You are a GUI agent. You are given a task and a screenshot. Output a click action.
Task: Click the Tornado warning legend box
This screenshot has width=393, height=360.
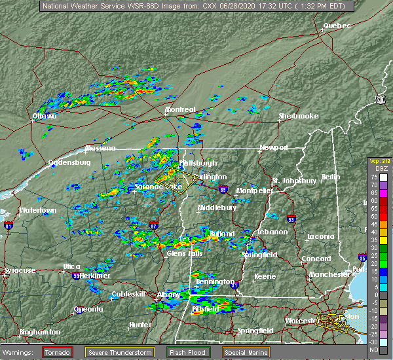point(58,352)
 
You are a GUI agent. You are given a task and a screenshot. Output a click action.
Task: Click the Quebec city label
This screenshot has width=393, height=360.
point(337,26)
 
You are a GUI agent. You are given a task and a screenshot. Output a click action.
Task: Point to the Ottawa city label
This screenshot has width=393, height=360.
point(45,117)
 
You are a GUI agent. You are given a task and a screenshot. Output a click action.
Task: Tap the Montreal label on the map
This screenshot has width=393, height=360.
point(180,109)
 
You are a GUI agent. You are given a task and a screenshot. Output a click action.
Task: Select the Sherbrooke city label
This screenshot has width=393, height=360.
point(298,116)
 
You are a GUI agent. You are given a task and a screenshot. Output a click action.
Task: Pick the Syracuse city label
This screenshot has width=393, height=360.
point(19,270)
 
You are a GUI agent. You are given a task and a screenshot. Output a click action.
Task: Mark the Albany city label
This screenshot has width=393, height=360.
point(168,295)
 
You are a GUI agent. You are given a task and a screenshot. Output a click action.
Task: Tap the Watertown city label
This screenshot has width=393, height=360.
point(37,210)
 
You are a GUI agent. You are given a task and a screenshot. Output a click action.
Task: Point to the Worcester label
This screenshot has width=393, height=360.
point(301,321)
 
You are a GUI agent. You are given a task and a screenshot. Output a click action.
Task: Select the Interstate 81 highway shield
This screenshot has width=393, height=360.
point(9,226)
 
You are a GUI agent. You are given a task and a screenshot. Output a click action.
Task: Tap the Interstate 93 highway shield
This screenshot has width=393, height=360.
point(291,219)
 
